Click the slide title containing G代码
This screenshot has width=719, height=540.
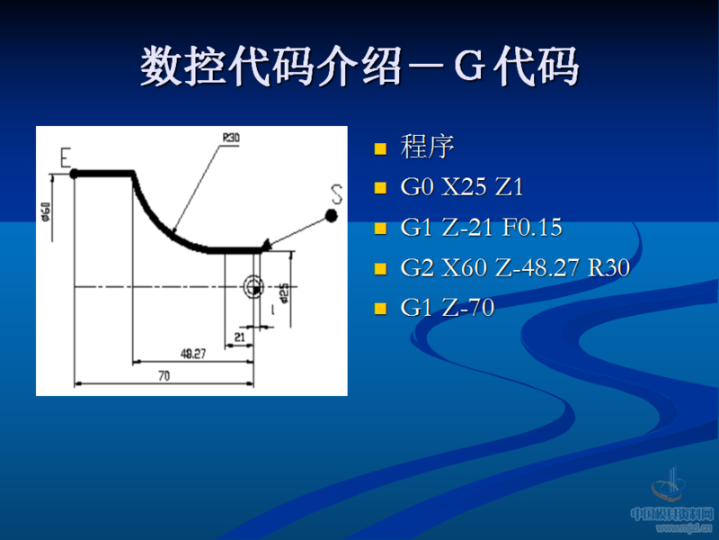coord(359,67)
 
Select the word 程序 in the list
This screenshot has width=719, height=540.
coord(427,147)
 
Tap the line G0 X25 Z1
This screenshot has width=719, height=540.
coord(461,187)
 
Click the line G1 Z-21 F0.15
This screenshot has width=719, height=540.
coord(481,228)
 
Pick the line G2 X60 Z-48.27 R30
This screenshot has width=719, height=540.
coord(514,267)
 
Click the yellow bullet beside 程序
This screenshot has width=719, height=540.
coord(380,148)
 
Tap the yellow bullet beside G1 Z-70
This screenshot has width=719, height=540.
coord(380,309)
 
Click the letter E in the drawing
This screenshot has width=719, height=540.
coord(66,157)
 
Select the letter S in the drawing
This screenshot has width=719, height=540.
coord(337,193)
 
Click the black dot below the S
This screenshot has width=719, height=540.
coord(332,215)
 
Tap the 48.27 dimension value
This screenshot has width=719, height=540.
coord(192,354)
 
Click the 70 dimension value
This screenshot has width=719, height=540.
coord(164,376)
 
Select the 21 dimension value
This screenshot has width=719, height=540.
coord(239,336)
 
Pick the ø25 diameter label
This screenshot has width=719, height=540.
coord(284,293)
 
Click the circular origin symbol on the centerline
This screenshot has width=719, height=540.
coord(253,286)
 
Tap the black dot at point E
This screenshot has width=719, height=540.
coord(75,173)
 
